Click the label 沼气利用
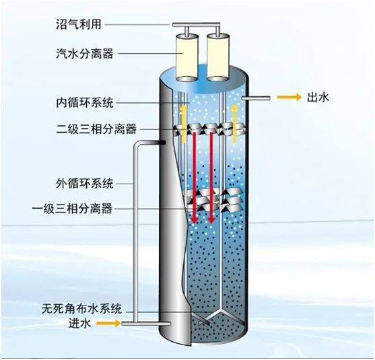pos(79,24)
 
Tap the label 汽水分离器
pos(84,53)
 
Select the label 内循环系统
pos(84,103)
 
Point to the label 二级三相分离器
pos(96,129)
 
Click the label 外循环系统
pos(84,183)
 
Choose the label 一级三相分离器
pos(72,208)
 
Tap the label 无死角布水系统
pos(81,309)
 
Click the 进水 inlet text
pos(79,324)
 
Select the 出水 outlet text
pos(318,98)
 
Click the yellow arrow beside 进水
pos(108,323)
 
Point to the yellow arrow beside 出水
pos(289,97)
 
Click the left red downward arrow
pos(195,178)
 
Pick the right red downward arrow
pos(211,178)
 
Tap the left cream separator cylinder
pos(187,58)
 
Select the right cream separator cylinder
pos(217,58)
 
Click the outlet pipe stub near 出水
pos(256,98)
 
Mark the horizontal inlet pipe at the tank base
pos(146,324)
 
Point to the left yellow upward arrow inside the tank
pos(183,124)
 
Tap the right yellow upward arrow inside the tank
pos(234,124)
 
